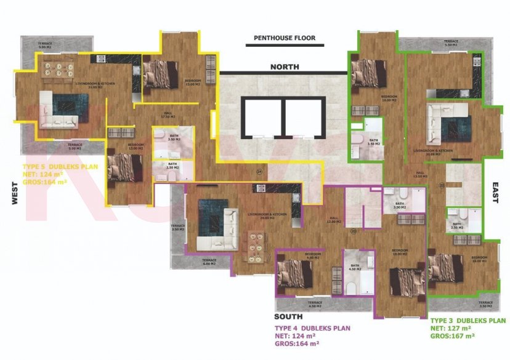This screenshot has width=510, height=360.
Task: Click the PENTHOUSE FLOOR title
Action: point(285,38)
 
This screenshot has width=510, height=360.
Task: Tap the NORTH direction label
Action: point(285,66)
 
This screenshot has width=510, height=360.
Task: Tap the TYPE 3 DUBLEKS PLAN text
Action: point(468,321)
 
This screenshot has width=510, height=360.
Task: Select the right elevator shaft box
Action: point(303,117)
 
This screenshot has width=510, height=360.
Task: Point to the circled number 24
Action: point(259,171)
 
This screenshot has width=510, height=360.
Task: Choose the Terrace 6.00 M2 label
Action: point(209,261)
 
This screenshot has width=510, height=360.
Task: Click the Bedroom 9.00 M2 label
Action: point(313,257)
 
